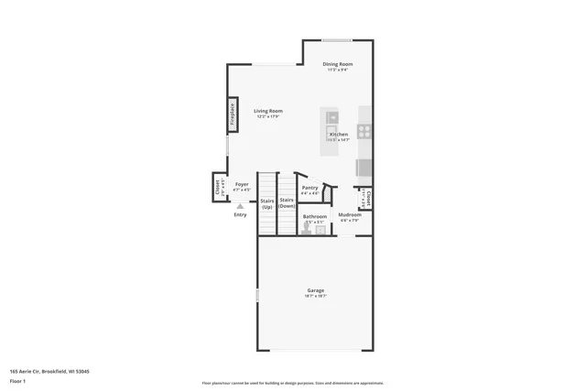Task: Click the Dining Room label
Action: click(337, 64)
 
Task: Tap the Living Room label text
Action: click(268, 111)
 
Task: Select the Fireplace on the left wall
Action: click(233, 114)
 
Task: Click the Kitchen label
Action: click(339, 134)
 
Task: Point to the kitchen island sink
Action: click(332, 116)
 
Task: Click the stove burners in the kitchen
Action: click(364, 131)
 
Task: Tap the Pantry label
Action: click(310, 187)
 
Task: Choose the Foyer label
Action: click(242, 184)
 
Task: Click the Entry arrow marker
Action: click(240, 206)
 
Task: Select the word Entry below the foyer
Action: click(240, 214)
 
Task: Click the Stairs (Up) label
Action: click(267, 203)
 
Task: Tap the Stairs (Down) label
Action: click(287, 203)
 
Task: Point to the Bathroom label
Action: click(315, 216)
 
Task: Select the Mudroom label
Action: click(351, 215)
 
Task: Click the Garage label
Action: click(315, 290)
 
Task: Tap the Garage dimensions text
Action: click(315, 296)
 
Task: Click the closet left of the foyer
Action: click(219, 189)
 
